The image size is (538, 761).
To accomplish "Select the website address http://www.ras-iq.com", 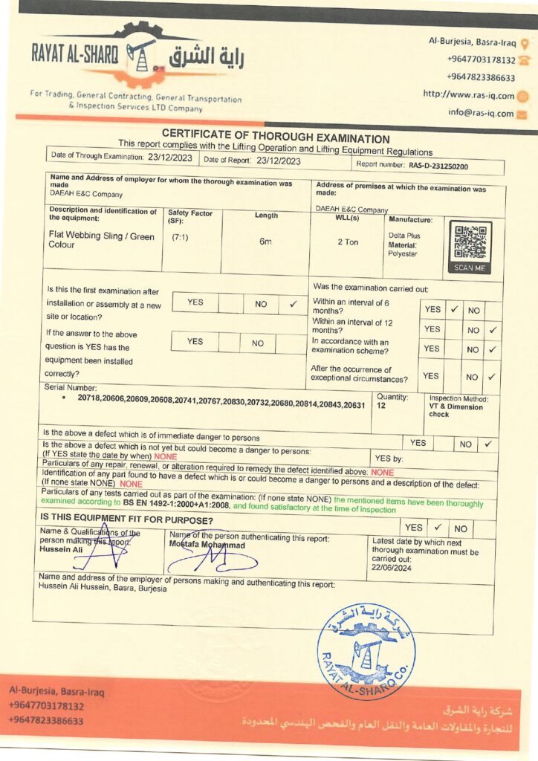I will (x=468, y=95).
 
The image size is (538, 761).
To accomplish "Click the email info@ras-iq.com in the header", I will (x=481, y=114).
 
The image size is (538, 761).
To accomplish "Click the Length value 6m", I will (x=265, y=242).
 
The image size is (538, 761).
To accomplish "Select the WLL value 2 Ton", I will (x=348, y=242).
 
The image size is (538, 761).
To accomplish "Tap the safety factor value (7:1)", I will (x=180, y=237).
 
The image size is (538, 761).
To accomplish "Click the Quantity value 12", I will (x=381, y=407).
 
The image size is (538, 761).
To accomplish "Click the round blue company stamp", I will (x=366, y=651).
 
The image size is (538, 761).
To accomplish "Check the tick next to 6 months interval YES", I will (x=453, y=309).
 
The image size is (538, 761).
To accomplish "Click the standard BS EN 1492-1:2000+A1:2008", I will (x=176, y=508).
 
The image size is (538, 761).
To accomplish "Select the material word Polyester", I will (x=403, y=254).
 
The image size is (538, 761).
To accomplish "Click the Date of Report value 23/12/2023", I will (x=279, y=161).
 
